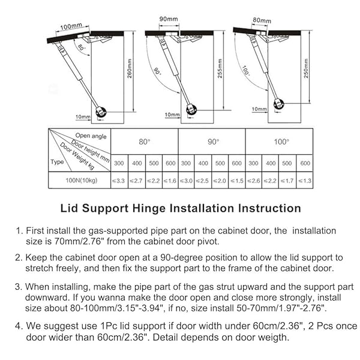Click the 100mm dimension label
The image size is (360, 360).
coord(71,27)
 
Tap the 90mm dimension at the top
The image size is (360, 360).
coord(168,19)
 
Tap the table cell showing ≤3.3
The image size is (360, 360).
coord(119,180)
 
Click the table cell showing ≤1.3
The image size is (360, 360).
coord(305,180)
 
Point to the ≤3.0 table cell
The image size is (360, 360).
coord(187,180)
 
